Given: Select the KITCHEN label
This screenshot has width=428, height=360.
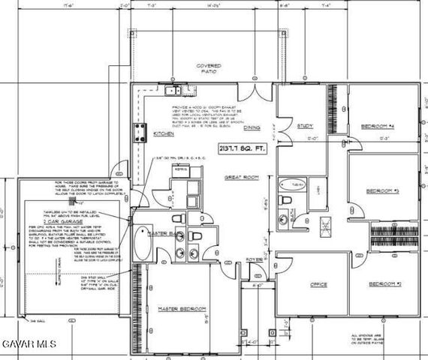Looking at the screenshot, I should [164, 133].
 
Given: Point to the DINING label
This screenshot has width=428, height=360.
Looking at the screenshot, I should [252, 128].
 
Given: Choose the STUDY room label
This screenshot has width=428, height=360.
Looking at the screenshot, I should [305, 126].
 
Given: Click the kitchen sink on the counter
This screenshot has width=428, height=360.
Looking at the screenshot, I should [173, 91].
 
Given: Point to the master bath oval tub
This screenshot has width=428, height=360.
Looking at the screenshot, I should [142, 246].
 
